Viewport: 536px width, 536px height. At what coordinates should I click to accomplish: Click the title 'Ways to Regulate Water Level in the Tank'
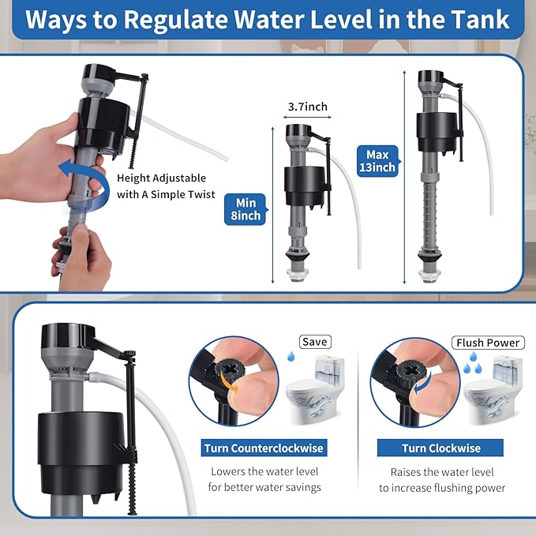pos(268,20)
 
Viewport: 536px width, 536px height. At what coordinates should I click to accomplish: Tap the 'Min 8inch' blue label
pos(243,208)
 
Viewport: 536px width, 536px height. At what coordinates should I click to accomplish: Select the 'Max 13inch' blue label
pos(376,159)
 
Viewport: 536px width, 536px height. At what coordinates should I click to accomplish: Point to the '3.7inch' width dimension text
pos(307,107)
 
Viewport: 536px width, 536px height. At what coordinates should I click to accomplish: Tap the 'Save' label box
pos(315,342)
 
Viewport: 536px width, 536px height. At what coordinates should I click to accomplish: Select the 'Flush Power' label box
pos(488,342)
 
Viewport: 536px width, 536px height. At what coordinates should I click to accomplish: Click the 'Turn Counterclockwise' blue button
pos(264,448)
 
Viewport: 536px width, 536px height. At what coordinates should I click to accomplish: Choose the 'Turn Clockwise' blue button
pos(440,448)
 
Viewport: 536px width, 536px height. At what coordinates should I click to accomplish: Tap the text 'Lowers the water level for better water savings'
pos(264,479)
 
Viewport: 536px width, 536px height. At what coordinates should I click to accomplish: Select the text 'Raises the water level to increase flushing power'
pos(441,479)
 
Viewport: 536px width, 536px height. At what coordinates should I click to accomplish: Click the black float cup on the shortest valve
pos(302,186)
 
